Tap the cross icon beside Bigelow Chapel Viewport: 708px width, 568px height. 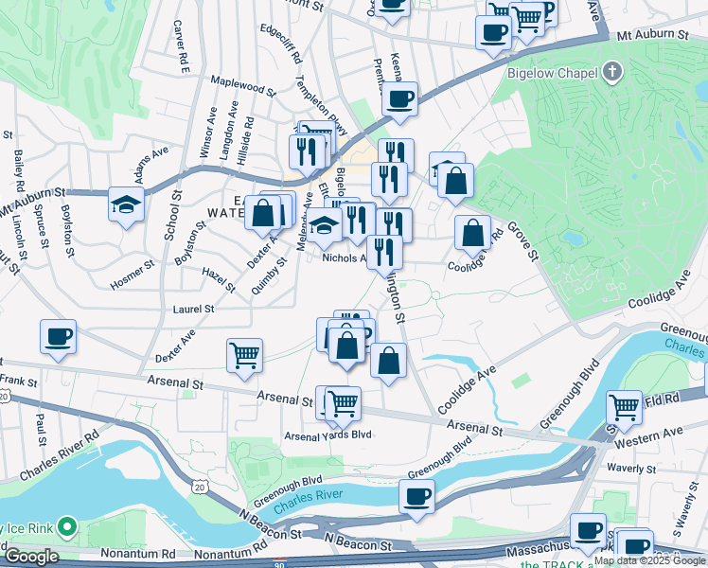(x=613, y=72)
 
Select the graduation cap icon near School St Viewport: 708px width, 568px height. (x=125, y=204)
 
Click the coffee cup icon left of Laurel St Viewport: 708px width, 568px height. (x=58, y=336)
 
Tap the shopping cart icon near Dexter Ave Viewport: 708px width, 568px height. (x=244, y=355)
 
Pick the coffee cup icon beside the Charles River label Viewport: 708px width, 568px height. (x=416, y=496)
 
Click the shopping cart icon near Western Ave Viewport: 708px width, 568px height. (x=624, y=408)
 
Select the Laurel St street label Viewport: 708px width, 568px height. (x=193, y=309)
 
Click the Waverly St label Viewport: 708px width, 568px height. (x=631, y=469)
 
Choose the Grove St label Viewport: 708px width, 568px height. (x=521, y=240)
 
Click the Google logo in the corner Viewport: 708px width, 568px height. (x=30, y=557)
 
